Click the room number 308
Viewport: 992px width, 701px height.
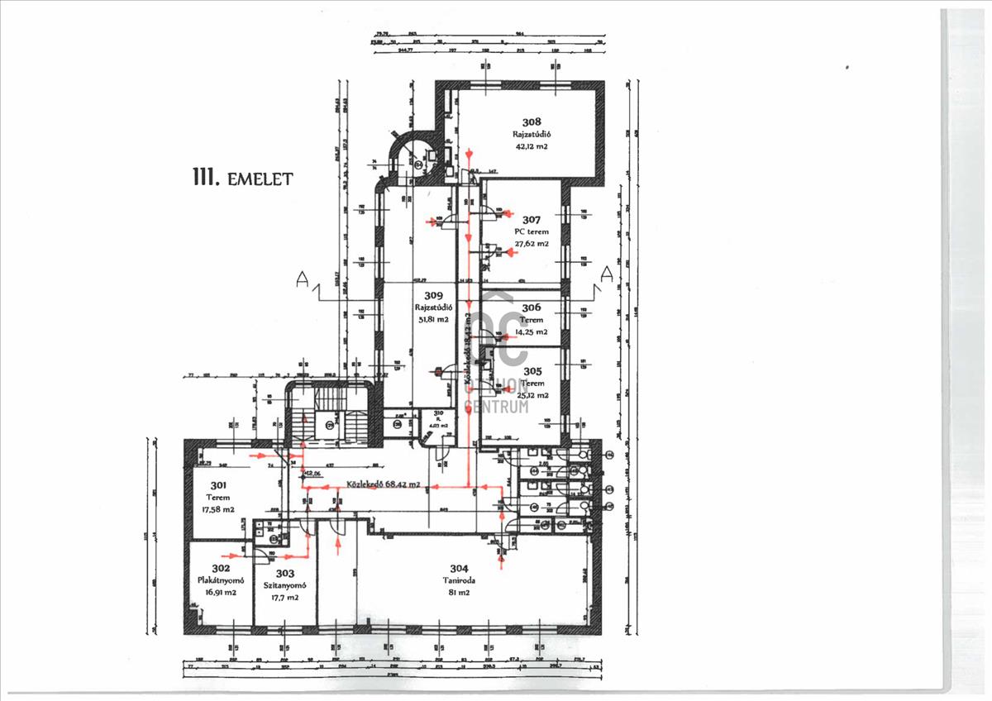click(532, 121)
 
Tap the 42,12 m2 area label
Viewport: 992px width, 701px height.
click(532, 146)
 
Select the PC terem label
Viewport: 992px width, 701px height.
click(532, 232)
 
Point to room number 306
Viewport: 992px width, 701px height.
click(532, 308)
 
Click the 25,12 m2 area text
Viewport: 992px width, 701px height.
click(532, 395)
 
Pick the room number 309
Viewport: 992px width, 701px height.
click(433, 295)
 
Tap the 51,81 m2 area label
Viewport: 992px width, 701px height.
click(432, 319)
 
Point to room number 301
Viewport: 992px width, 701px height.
click(219, 485)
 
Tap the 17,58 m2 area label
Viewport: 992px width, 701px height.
click(219, 509)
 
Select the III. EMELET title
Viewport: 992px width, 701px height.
click(241, 179)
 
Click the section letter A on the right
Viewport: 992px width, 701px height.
click(607, 274)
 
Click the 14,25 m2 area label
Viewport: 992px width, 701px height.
click(532, 331)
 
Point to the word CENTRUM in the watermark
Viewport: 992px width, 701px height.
click(497, 406)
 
